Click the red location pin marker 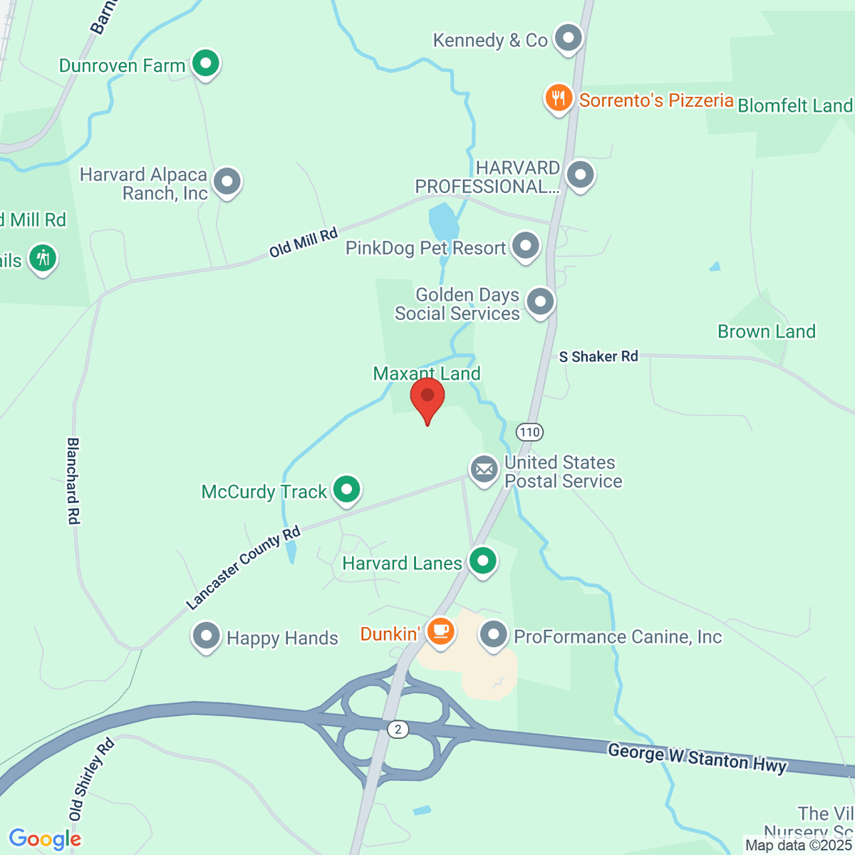point(427,398)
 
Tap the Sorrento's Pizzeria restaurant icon point(559,99)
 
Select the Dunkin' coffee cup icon point(440,631)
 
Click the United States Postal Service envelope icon point(484,470)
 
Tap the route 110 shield point(529,432)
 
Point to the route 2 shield point(398,729)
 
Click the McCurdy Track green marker point(346,489)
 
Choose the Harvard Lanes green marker point(483,561)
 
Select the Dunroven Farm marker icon point(206,63)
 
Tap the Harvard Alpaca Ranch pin point(227,182)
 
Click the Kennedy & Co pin point(569,38)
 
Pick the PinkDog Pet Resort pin point(526,246)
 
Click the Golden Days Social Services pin point(540,301)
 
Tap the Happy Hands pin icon point(207,636)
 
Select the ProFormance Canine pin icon point(493,634)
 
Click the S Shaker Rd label point(598,356)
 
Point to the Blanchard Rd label point(73,481)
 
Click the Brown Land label point(766,331)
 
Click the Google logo point(45,839)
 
